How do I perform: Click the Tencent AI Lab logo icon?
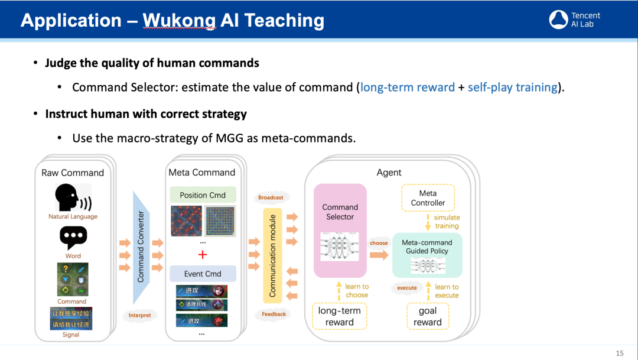coord(558,20)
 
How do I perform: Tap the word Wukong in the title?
coord(180,21)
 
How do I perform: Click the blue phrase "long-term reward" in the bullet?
coord(408,87)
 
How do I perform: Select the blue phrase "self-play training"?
coord(513,87)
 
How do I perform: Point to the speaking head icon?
coord(73,197)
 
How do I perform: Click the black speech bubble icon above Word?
coord(73,238)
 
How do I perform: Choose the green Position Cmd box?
coord(203,195)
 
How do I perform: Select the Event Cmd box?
coord(203,274)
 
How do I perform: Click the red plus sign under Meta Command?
coord(203,255)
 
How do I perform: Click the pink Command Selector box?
coord(340,231)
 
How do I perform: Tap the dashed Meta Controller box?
coord(428,198)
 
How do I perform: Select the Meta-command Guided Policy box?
coord(427,255)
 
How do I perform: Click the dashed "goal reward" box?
coord(428,316)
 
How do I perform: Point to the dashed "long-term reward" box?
coord(340,316)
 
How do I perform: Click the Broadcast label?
coord(271,197)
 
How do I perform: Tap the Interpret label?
coord(140,315)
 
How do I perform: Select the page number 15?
coord(619,353)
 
